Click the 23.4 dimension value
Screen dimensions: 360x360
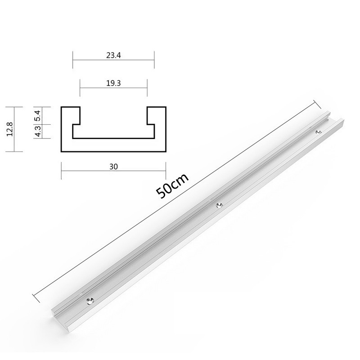pyautogui.click(x=113, y=56)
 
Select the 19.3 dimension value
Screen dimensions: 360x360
pyautogui.click(x=113, y=84)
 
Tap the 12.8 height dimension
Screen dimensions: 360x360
pyautogui.click(x=9, y=130)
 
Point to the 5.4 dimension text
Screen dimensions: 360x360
pyautogui.click(x=38, y=116)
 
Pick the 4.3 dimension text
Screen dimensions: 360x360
pyautogui.click(x=38, y=131)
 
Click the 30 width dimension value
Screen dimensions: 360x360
pyautogui.click(x=113, y=166)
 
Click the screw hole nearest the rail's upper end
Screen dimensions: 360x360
pyautogui.click(x=318, y=132)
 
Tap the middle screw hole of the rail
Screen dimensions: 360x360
pyautogui.click(x=219, y=205)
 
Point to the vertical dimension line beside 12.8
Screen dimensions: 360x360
pyautogui.click(x=15, y=130)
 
